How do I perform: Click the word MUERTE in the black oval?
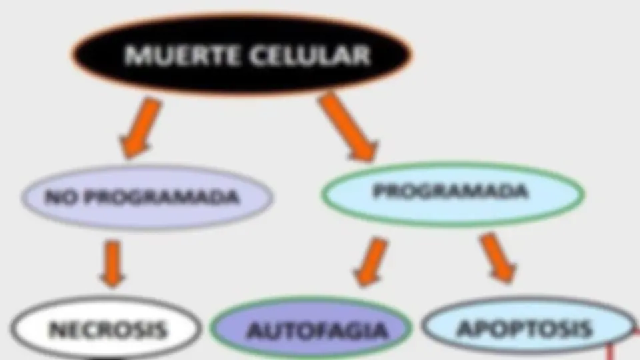click(x=181, y=55)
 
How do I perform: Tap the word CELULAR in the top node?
click(x=310, y=55)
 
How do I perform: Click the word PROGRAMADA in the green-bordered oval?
click(x=450, y=191)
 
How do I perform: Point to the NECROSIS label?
click(x=108, y=330)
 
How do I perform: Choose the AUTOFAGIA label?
click(x=317, y=331)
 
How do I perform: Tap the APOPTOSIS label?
click(x=525, y=329)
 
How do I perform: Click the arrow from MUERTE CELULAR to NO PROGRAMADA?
click(x=140, y=127)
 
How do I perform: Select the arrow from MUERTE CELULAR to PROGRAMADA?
click(x=348, y=127)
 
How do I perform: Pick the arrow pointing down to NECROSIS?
click(x=113, y=264)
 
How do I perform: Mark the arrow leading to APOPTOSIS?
click(x=498, y=258)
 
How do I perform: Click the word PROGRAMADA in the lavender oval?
click(x=163, y=197)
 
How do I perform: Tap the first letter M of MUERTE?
click(x=135, y=55)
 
